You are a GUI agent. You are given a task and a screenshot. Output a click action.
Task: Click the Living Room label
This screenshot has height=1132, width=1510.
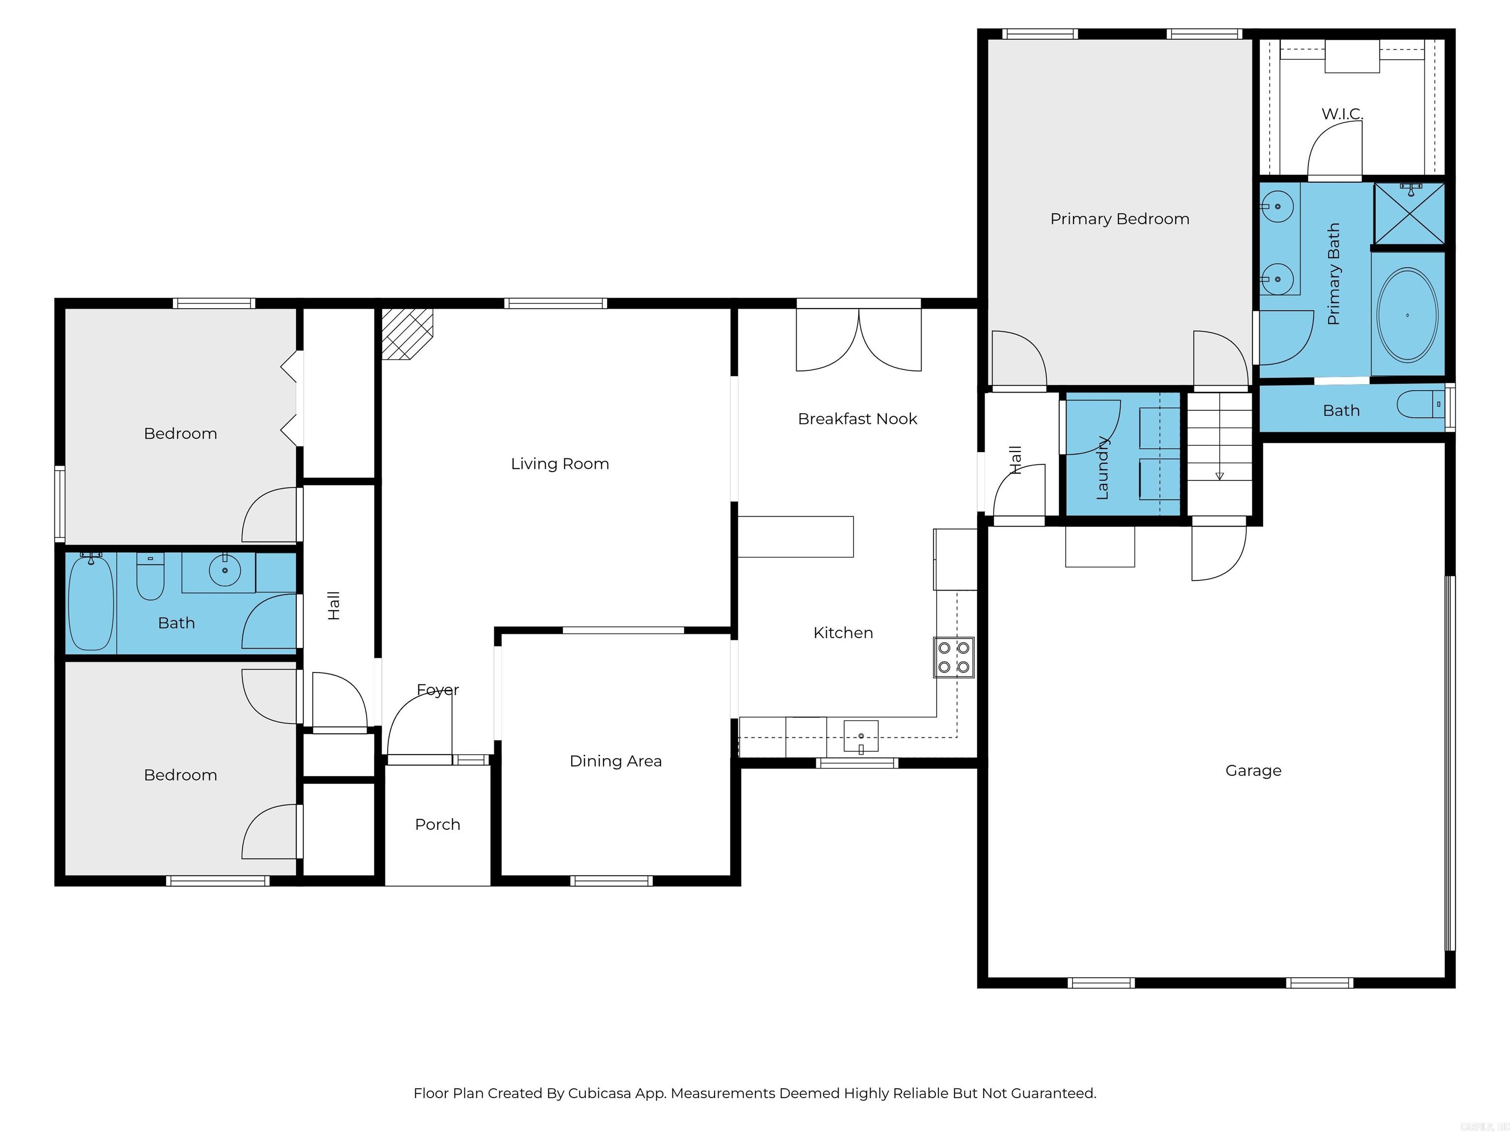tap(560, 464)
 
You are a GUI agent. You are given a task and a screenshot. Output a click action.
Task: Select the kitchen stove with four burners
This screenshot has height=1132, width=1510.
tap(954, 657)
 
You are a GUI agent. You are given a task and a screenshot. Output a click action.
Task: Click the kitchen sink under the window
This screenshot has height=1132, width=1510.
tap(861, 737)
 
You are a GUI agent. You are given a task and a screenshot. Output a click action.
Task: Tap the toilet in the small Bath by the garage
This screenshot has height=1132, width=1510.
tap(1420, 405)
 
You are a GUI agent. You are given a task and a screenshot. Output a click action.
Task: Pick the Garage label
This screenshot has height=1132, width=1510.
tap(1253, 770)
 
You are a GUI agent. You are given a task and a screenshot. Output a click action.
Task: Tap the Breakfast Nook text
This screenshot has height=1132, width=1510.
tap(857, 419)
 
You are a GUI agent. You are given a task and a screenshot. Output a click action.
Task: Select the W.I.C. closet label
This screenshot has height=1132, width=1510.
tap(1342, 114)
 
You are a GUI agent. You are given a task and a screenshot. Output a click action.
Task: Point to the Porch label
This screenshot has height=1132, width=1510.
tap(437, 824)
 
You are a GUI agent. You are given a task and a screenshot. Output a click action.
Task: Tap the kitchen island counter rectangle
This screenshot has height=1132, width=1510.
tap(795, 537)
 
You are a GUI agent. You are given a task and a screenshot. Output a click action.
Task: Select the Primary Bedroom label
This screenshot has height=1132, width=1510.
tap(1120, 219)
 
